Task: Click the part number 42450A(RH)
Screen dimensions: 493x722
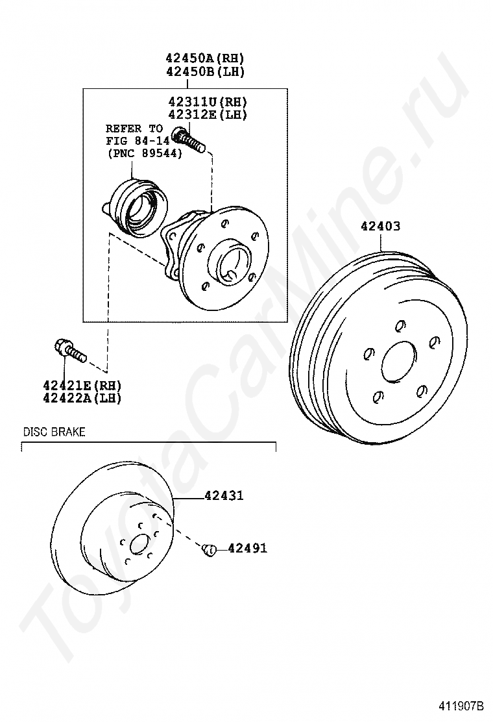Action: pos(205,58)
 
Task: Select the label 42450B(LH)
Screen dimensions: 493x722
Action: pos(205,71)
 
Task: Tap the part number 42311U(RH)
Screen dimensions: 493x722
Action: pos(208,102)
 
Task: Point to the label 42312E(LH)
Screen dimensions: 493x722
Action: pos(208,115)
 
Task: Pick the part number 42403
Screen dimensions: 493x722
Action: pos(380,226)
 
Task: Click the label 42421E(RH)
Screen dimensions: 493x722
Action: pos(82,385)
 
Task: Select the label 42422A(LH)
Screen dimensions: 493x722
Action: pos(82,398)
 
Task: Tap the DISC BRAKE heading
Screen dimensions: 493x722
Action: pos(54,432)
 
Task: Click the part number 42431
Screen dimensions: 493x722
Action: pos(224,496)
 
